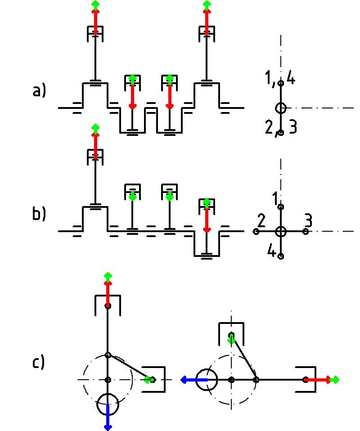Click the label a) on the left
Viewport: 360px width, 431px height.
tap(39, 92)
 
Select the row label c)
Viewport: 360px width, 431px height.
tap(39, 362)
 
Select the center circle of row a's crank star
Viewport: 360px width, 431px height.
tap(281, 108)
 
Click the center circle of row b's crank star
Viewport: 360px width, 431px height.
tap(281, 231)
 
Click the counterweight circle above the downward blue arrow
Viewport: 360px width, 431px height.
tap(108, 404)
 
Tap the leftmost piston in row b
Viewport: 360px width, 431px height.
tap(95, 155)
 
